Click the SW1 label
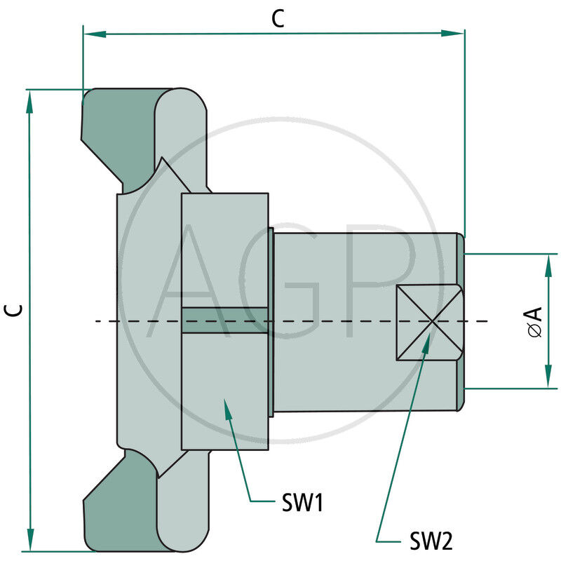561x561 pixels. (302, 503)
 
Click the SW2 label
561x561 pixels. (431, 541)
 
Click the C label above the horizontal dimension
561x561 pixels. (278, 20)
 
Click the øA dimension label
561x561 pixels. (535, 322)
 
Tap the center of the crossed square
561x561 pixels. (429, 322)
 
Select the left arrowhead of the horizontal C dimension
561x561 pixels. (90, 33)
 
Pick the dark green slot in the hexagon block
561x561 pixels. (224, 320)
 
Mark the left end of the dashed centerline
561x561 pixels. (96, 322)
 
